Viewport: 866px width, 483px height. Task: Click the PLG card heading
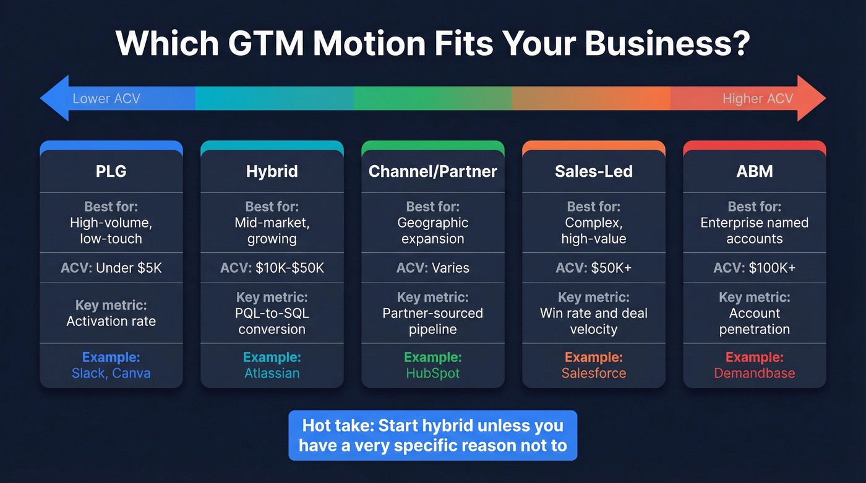[111, 171]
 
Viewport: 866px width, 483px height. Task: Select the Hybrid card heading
[272, 171]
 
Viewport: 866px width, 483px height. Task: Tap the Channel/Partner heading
[433, 171]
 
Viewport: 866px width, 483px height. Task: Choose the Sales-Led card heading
[594, 171]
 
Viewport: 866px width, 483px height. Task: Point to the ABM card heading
[755, 171]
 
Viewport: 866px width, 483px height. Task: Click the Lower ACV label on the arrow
[106, 99]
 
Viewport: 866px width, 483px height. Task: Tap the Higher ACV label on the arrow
[758, 99]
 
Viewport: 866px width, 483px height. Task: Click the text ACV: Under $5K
[111, 268]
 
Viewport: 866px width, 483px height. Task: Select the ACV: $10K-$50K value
[272, 268]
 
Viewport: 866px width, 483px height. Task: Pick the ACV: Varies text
[433, 268]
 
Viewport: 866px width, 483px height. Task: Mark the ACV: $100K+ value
[755, 268]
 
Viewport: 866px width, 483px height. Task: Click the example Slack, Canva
[111, 374]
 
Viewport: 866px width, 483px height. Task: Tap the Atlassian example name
[272, 374]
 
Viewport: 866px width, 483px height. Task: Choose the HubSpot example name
[433, 374]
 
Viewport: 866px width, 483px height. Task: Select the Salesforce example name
[594, 374]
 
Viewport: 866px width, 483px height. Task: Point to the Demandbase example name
[755, 374]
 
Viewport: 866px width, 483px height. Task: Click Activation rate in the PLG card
[111, 322]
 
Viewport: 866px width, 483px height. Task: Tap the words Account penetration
[755, 322]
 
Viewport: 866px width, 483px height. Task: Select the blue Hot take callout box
[433, 435]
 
